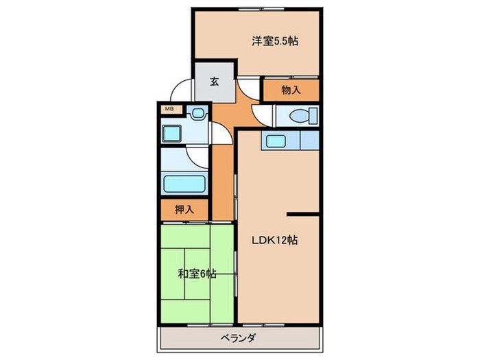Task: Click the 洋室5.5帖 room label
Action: (x=274, y=40)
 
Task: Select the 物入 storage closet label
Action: (x=291, y=89)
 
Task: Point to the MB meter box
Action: (x=169, y=109)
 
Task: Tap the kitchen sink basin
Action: (x=276, y=141)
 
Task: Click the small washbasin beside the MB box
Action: (x=198, y=113)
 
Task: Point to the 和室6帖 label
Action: (x=197, y=274)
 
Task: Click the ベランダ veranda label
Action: (x=239, y=337)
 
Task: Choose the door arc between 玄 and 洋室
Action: (x=250, y=87)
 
